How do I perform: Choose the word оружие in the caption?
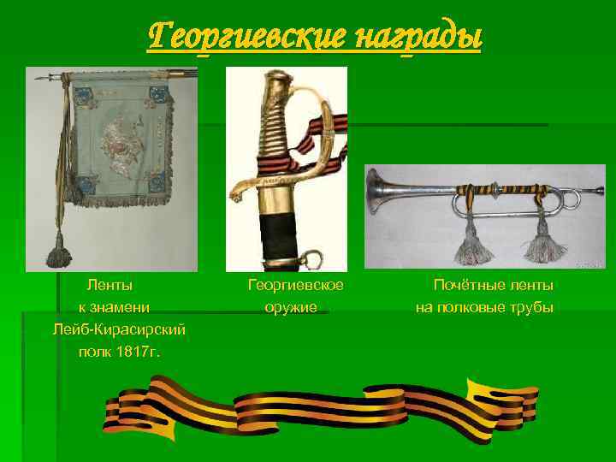click(x=290, y=307)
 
